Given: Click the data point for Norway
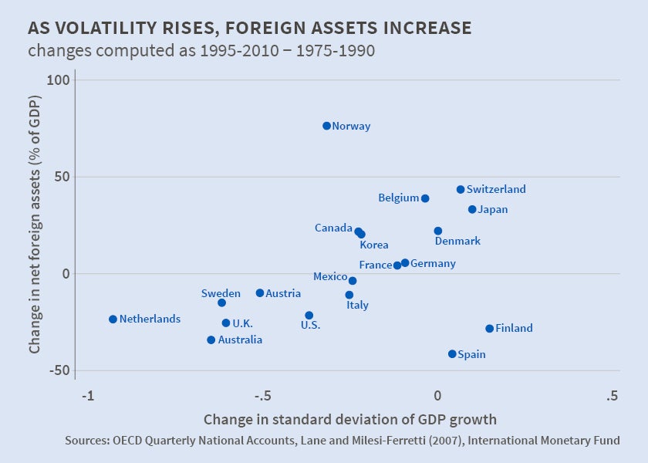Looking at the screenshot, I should [x=326, y=126].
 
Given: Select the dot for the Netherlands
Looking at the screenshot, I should [x=113, y=319].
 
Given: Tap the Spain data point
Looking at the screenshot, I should [x=452, y=354].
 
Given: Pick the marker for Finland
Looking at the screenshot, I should [x=489, y=329].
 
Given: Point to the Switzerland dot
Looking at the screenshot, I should [x=461, y=190].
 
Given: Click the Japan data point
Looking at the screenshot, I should [x=472, y=210].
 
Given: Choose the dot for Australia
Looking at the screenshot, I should [x=211, y=340].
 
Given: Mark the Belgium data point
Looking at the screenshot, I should [x=425, y=198].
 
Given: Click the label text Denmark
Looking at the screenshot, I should [x=457, y=241].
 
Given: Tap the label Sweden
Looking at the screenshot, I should [x=221, y=293].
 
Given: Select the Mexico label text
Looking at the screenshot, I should [x=330, y=276].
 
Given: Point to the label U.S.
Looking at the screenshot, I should [x=310, y=325].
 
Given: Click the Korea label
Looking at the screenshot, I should [x=373, y=245].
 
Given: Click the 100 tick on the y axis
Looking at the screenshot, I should [x=59, y=80].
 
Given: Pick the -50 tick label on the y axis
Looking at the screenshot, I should [x=59, y=370].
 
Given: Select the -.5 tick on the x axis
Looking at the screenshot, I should [x=262, y=397].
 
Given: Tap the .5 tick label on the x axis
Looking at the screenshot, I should [x=612, y=397].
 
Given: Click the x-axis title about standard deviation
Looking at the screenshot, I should [x=349, y=420].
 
